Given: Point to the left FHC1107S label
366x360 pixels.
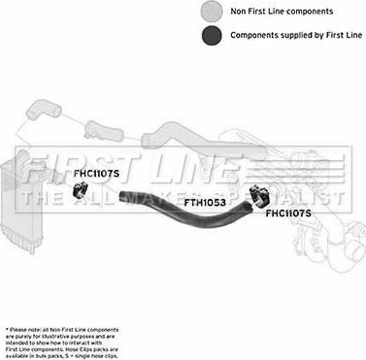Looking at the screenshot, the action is point(97,174).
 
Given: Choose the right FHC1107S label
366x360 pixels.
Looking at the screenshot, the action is point(289,213).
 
